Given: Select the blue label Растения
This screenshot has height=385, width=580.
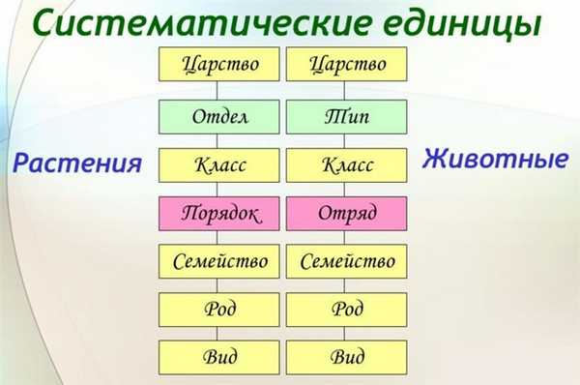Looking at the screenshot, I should [77, 163].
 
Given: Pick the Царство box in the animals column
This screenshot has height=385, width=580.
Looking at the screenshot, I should [347, 65].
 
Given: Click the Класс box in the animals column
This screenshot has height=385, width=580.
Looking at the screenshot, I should [347, 164].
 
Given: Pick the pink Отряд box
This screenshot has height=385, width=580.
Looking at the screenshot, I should [347, 212].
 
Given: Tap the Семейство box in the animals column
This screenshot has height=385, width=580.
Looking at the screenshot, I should [347, 261].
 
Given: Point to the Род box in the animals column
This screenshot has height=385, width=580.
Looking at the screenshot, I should [347, 310].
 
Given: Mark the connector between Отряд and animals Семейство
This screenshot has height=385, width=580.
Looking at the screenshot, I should [347, 236].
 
